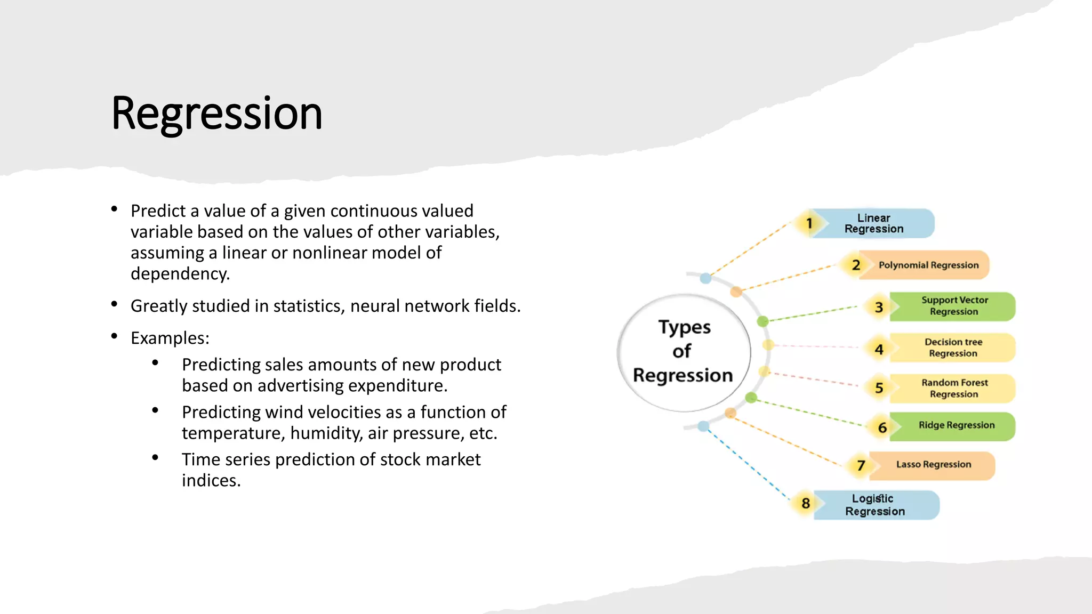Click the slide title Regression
click(x=216, y=113)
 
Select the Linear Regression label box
click(x=874, y=223)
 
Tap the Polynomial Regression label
click(x=928, y=265)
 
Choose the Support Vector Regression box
click(x=954, y=306)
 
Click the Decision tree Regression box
click(x=953, y=348)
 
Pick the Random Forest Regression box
click(x=954, y=388)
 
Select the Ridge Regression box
click(x=956, y=425)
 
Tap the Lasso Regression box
click(x=933, y=465)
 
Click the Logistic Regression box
click(x=875, y=505)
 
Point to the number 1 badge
click(x=809, y=223)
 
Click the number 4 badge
click(x=879, y=349)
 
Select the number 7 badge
click(x=861, y=465)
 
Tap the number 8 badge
click(x=806, y=503)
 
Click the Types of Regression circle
click(x=683, y=352)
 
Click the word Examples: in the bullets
click(x=170, y=338)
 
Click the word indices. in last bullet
click(x=211, y=481)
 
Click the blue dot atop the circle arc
click(x=705, y=278)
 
